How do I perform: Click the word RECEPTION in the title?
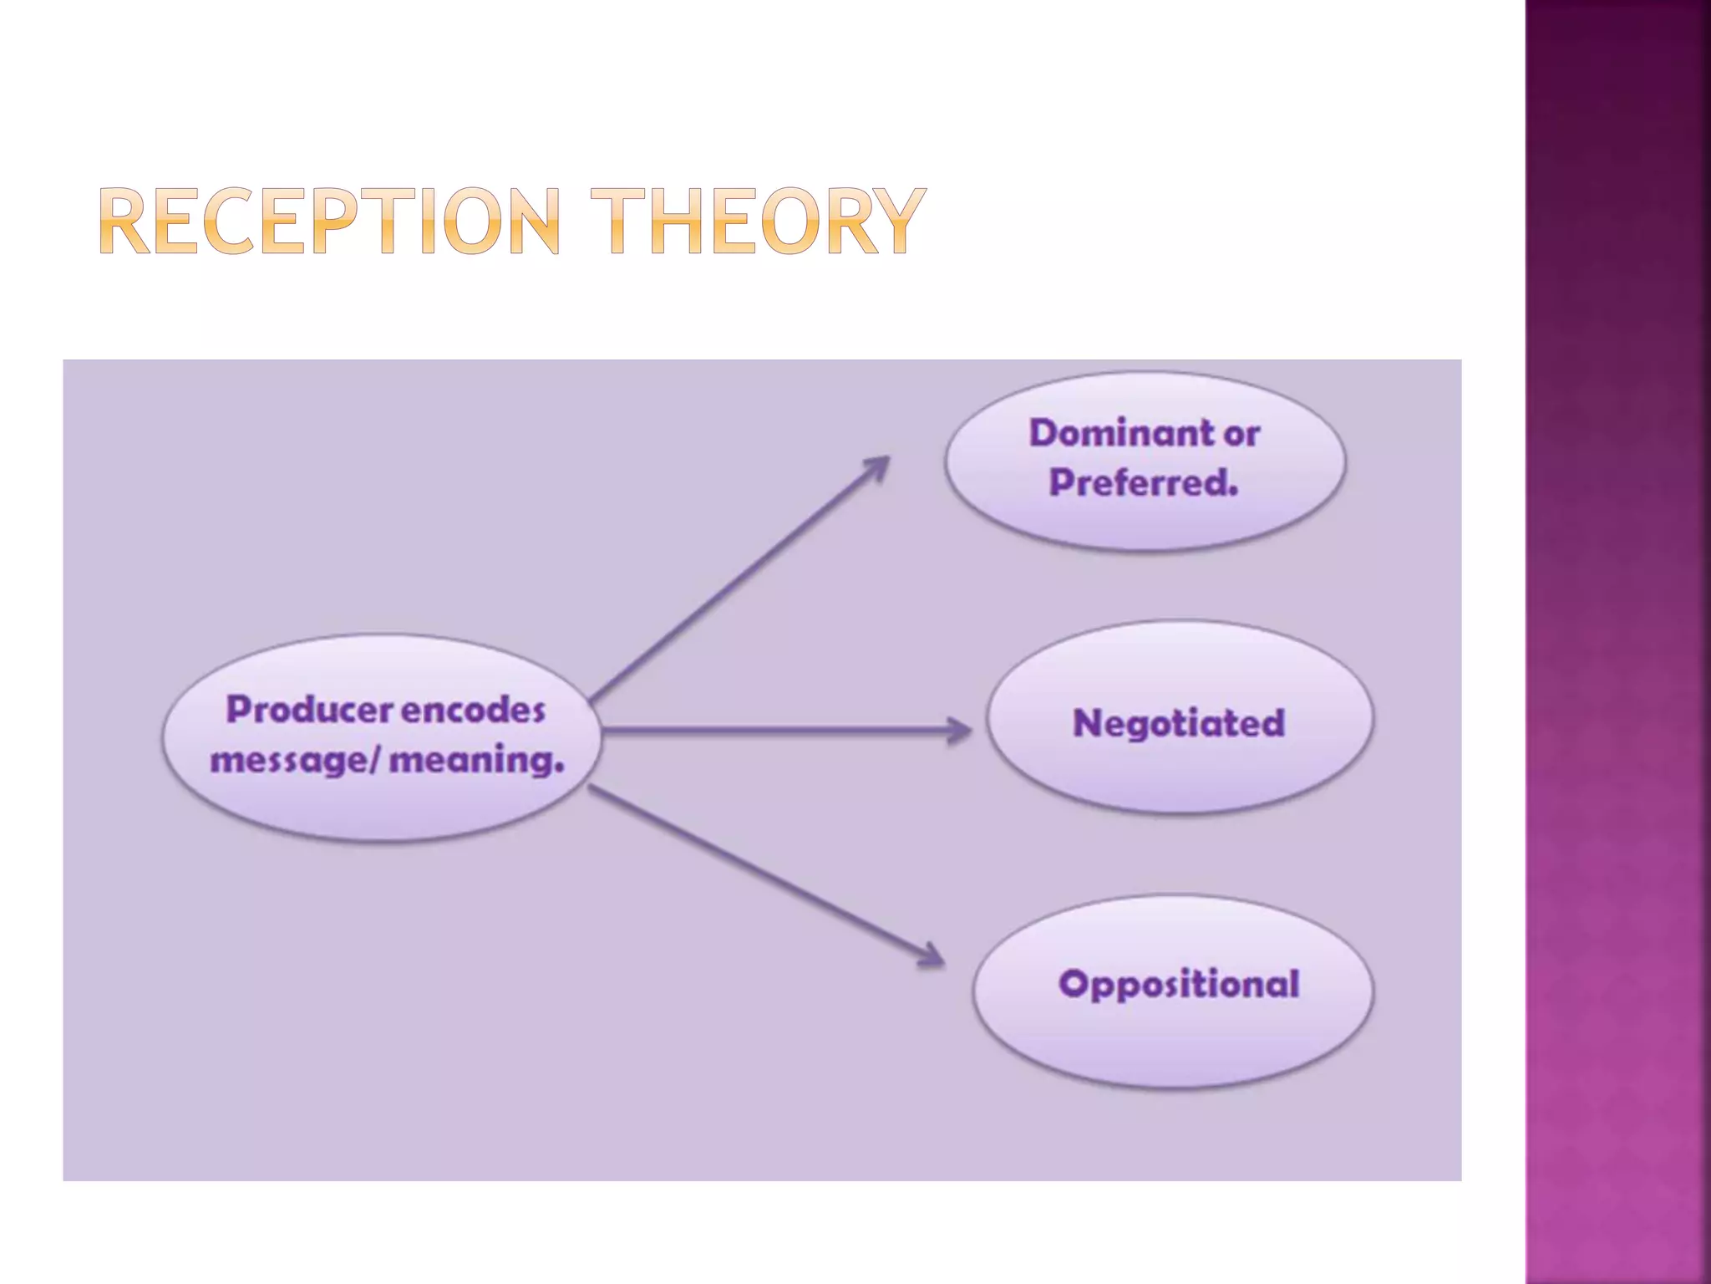[x=329, y=222]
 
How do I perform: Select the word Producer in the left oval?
[x=309, y=710]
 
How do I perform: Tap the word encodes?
[x=473, y=711]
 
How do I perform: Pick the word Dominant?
[x=1121, y=433]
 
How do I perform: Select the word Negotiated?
[x=1178, y=723]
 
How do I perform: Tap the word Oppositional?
[x=1179, y=984]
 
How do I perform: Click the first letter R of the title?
[x=125, y=222]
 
